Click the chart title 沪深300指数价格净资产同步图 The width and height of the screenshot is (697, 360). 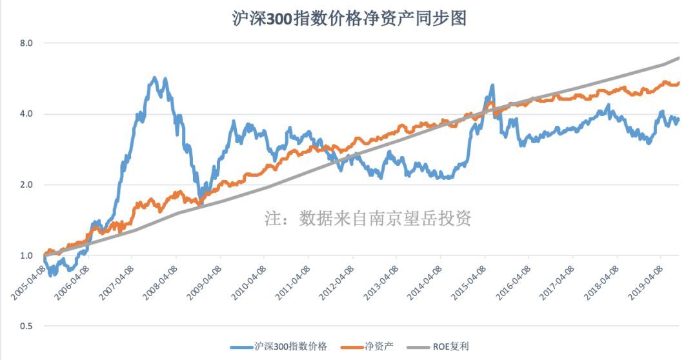click(x=348, y=18)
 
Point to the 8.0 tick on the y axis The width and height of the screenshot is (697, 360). click(x=26, y=43)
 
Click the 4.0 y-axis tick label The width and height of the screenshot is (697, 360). click(x=26, y=114)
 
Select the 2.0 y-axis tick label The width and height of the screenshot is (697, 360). click(x=26, y=185)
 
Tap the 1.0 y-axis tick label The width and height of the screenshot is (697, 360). click(x=26, y=256)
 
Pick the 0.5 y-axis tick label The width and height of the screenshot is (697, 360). click(x=26, y=326)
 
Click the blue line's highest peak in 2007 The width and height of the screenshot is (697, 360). click(x=154, y=78)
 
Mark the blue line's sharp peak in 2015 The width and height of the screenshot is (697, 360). click(x=492, y=85)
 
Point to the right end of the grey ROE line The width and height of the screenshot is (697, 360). click(x=679, y=58)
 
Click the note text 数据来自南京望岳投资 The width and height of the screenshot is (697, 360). click(x=369, y=219)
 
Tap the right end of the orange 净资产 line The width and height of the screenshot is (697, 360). click(x=679, y=83)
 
